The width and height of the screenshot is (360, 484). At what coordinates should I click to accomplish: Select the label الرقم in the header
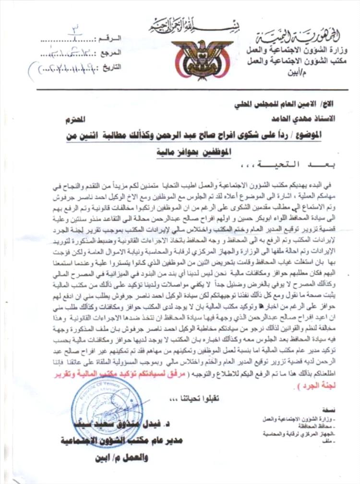(111, 37)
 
